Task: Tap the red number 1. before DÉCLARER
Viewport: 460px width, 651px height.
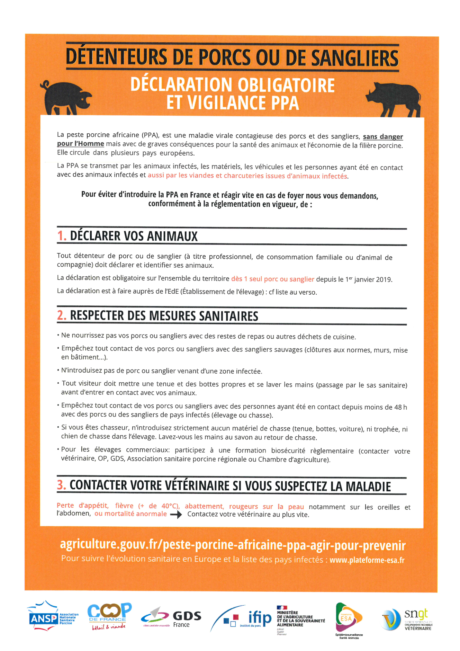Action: [x=62, y=236]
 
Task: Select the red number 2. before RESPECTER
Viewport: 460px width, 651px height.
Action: [x=62, y=315]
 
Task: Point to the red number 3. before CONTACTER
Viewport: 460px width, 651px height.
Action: [x=61, y=485]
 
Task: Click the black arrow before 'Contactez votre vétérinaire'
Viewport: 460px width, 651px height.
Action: [x=176, y=515]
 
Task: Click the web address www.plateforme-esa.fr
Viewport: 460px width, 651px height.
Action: [x=367, y=560]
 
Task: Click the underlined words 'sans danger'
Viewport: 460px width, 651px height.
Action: [x=383, y=137]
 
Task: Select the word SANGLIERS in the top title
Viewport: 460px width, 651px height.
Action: [x=355, y=58]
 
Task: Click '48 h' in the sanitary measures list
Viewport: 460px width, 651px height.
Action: [x=400, y=407]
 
